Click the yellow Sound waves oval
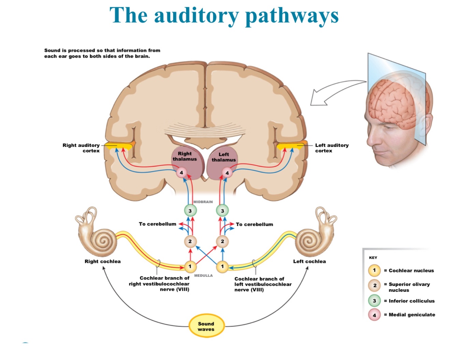click(x=206, y=326)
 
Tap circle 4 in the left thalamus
click(x=227, y=173)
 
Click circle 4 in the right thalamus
click(x=181, y=172)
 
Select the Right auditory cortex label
click(x=81, y=148)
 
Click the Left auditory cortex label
click(x=332, y=148)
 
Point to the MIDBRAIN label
click(x=203, y=202)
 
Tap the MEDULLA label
click(x=203, y=275)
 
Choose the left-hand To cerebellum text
click(x=157, y=224)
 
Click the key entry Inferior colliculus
click(x=412, y=301)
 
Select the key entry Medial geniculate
click(x=412, y=315)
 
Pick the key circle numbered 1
click(x=374, y=270)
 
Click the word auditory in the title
click(x=196, y=16)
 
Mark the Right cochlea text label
click(x=102, y=261)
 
